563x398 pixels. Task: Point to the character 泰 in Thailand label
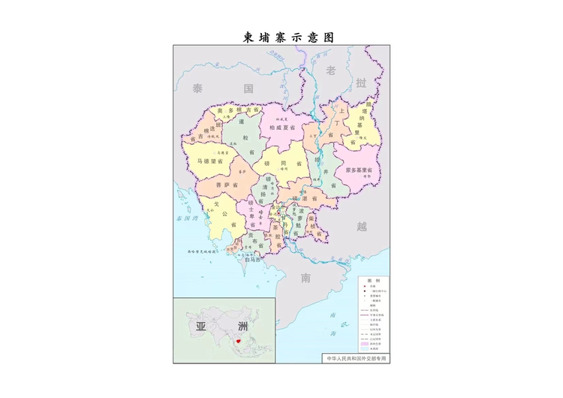[197, 89]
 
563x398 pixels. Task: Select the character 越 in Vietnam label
[363, 225]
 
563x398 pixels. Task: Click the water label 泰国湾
[185, 219]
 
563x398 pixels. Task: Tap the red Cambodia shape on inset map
[238, 340]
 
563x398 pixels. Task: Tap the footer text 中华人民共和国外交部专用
[357, 358]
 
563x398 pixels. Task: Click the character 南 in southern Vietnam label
[306, 279]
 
